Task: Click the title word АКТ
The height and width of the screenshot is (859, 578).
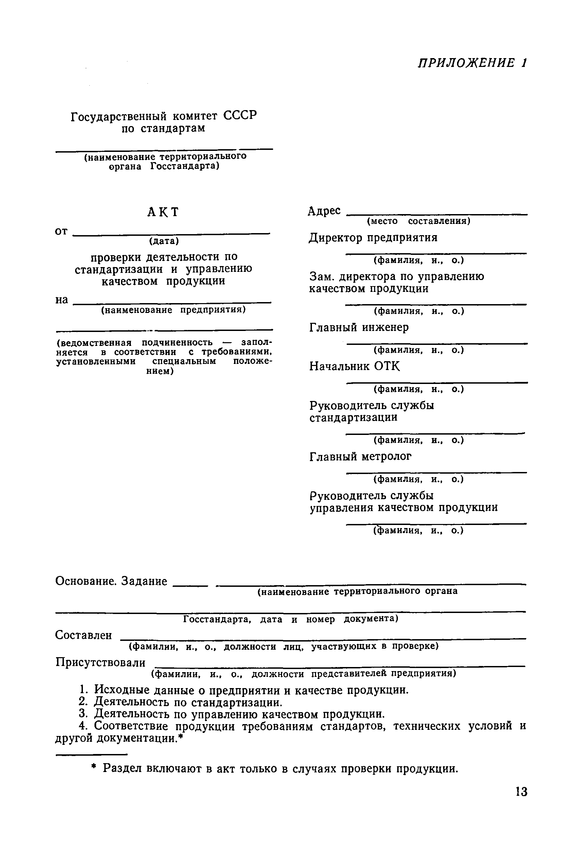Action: click(x=163, y=212)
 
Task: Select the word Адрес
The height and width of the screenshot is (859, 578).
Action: click(x=325, y=211)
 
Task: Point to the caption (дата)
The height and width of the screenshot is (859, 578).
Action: click(x=164, y=241)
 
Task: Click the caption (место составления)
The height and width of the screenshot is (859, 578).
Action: click(x=418, y=221)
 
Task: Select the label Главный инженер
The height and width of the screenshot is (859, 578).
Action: click(x=359, y=327)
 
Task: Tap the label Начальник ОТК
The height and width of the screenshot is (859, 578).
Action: click(x=355, y=366)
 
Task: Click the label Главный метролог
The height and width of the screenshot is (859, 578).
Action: click(x=361, y=457)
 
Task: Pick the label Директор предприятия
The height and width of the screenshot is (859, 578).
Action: click(x=373, y=238)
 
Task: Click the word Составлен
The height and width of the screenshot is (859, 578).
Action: click(x=83, y=635)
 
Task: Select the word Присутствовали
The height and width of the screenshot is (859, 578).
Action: click(x=100, y=663)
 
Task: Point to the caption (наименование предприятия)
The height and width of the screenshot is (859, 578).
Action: click(x=173, y=310)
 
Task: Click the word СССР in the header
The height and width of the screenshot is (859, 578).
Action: click(x=240, y=116)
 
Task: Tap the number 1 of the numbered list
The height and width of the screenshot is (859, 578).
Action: click(x=83, y=690)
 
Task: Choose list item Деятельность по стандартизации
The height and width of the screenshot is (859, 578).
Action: click(x=188, y=702)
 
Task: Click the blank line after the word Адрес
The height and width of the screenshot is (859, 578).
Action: click(x=437, y=214)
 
